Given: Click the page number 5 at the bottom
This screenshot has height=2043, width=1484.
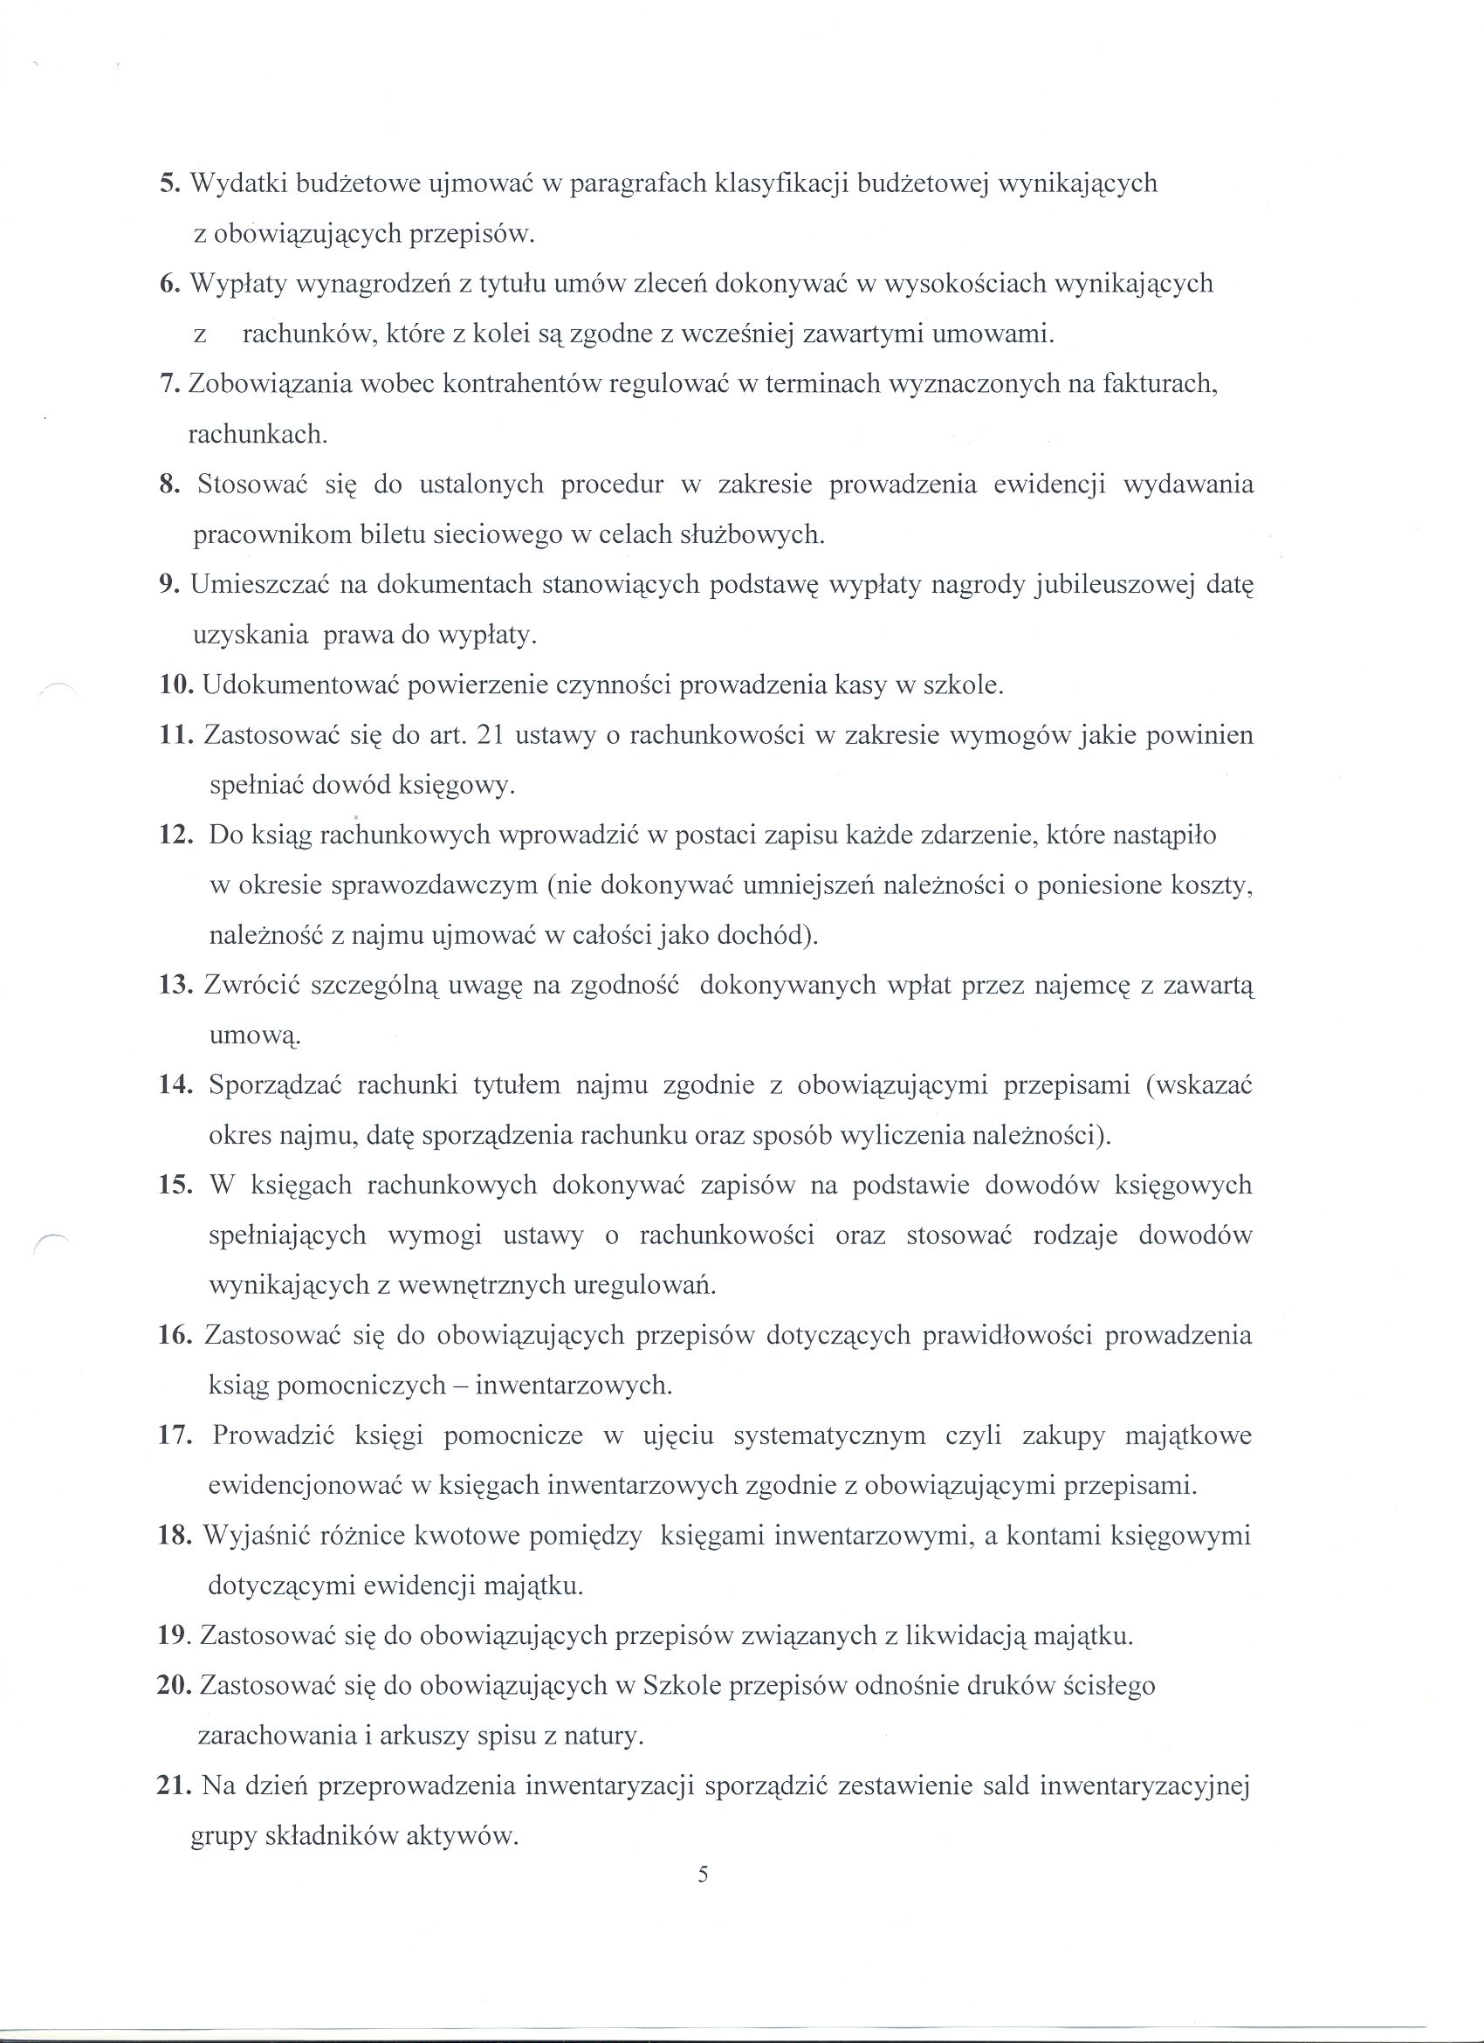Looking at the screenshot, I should coord(704,1875).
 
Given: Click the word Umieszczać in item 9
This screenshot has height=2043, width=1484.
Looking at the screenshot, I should coord(258,586).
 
